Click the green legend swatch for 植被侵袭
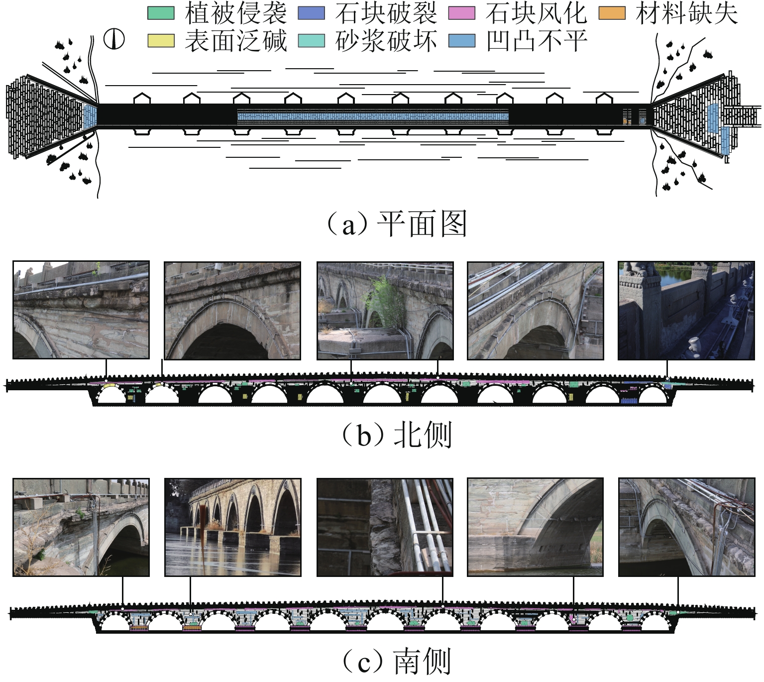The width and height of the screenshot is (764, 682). [161, 13]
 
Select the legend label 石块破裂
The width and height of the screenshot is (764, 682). [386, 13]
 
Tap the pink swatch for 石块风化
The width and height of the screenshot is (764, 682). [461, 13]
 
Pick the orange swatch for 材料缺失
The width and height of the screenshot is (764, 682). [612, 13]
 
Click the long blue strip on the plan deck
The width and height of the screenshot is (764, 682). [373, 117]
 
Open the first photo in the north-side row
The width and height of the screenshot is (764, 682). [81, 310]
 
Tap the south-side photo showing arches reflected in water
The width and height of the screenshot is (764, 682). [232, 528]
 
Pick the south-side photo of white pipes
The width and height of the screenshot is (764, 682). [385, 528]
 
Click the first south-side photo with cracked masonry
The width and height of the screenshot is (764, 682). [81, 528]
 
